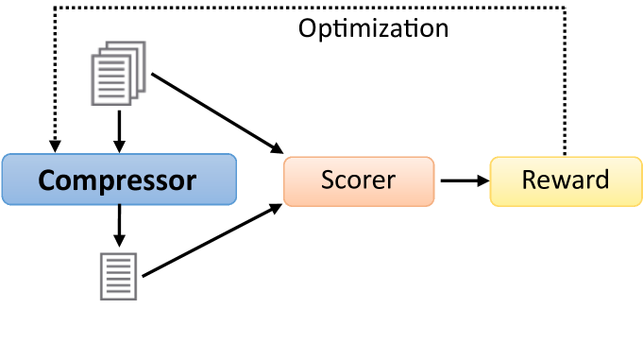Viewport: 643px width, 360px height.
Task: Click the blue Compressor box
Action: click(x=118, y=180)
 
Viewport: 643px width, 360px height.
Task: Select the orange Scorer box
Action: click(x=359, y=180)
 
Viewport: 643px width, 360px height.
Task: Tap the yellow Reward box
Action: click(x=565, y=180)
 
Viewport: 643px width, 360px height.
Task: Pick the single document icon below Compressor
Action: click(x=118, y=276)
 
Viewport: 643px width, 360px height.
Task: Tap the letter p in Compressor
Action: click(x=102, y=183)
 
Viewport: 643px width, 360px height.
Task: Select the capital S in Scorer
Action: click(x=328, y=180)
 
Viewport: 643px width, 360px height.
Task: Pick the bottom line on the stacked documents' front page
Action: click(x=110, y=96)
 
